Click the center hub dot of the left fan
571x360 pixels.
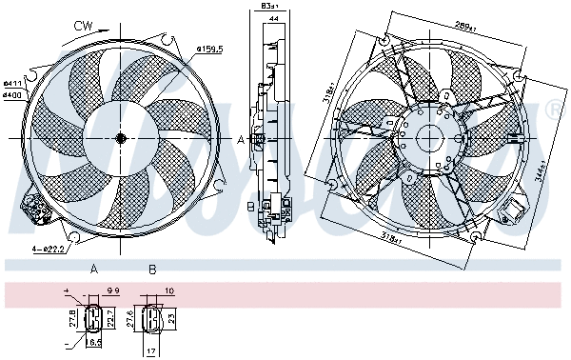tap(121, 139)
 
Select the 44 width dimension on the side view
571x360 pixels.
tap(273, 18)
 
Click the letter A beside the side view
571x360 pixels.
tap(241, 139)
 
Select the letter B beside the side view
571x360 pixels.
tap(250, 205)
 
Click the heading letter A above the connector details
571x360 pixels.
tap(93, 270)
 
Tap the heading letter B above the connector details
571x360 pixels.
tap(151, 270)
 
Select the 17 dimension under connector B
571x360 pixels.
tap(151, 350)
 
